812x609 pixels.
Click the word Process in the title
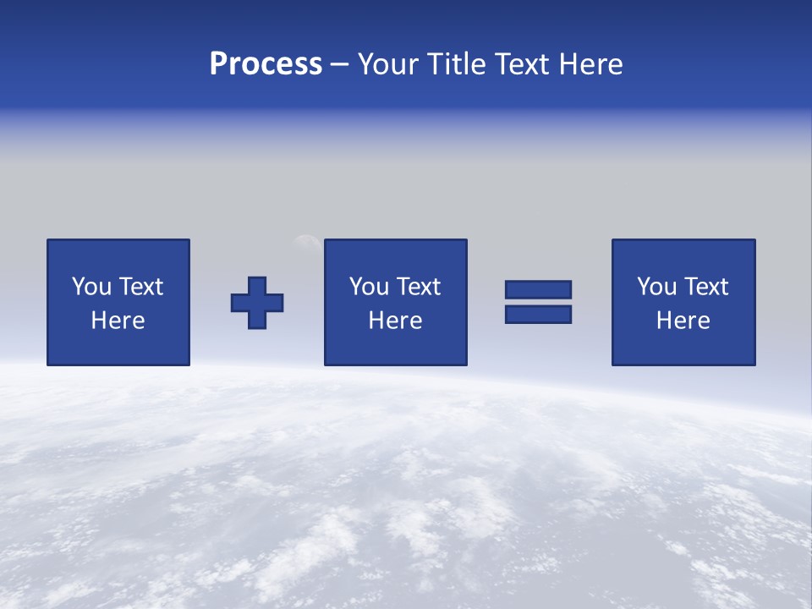pos(266,64)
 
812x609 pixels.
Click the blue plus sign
pos(257,303)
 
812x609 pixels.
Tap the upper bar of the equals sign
pos(538,289)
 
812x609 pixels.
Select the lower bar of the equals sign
pos(538,314)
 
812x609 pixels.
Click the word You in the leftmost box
pos(91,287)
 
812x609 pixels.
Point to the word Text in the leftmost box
pos(140,287)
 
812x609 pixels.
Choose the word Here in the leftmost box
pos(118,321)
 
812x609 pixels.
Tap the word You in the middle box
pos(369,287)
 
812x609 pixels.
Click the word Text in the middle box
pos(417,287)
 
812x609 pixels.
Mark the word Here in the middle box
pos(395,321)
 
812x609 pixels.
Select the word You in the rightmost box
pos(656,287)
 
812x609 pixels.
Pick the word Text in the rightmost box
pos(705,287)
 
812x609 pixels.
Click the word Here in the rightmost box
pos(683,321)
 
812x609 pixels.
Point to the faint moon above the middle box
pos(306,243)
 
